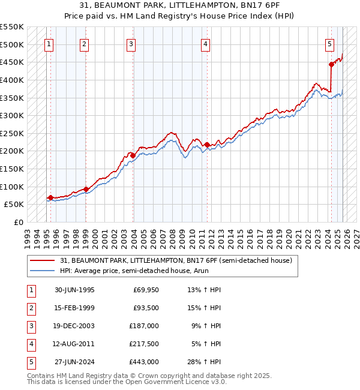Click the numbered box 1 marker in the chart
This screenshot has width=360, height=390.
49,43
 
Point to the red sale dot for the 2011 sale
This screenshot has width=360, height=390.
206,145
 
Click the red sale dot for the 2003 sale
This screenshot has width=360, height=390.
132,155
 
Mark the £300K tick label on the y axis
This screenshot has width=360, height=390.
12,115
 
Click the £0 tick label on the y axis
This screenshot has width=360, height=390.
18,222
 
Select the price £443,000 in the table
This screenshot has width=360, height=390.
144,362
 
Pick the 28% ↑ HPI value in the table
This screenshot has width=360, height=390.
204,362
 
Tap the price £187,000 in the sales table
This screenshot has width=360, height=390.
144,326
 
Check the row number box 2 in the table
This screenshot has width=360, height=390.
30,308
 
